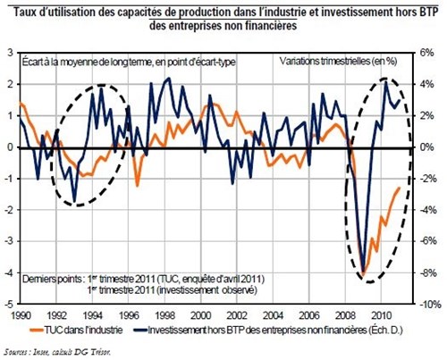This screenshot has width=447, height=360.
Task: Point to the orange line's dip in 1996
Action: (136, 185)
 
